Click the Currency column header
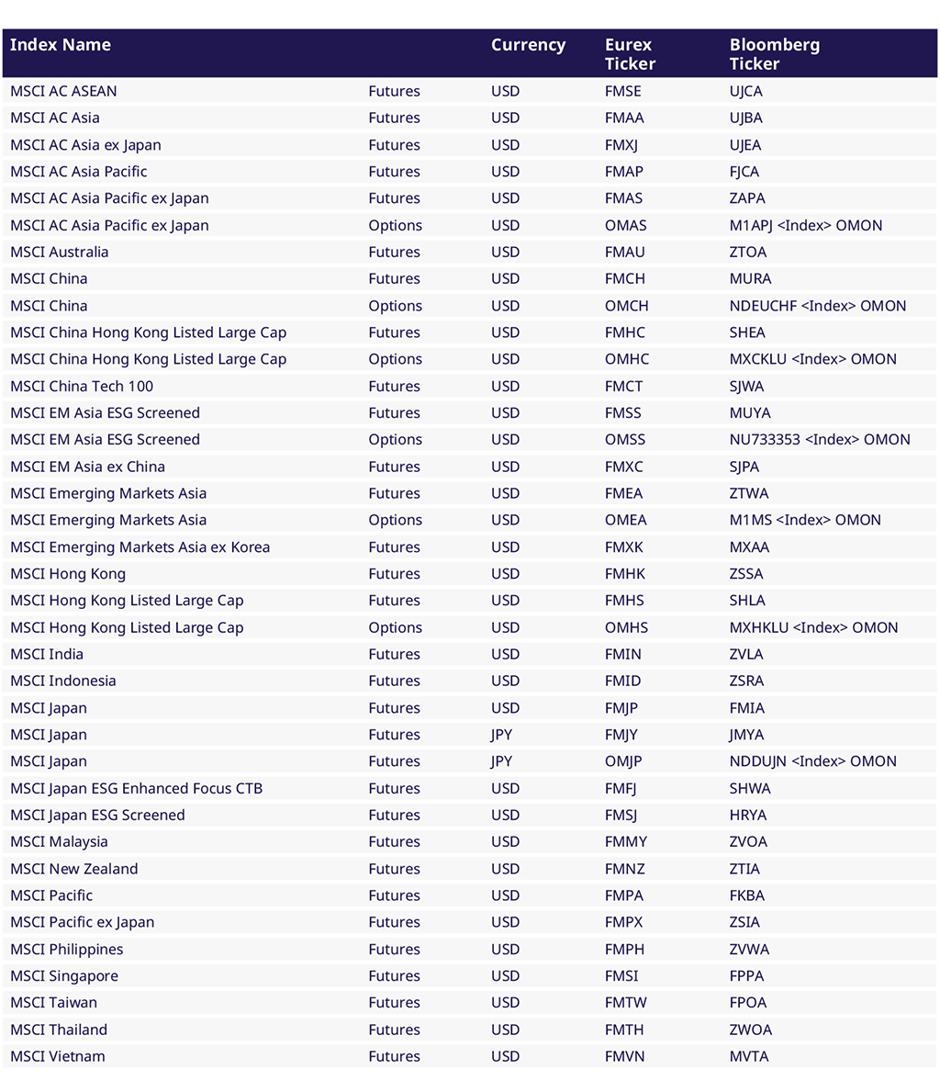coord(528,45)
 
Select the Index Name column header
coord(61,45)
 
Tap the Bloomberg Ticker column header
coord(761,54)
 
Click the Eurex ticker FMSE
coord(622,91)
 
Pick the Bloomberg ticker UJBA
coord(745,118)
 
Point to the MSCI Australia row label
coord(59,252)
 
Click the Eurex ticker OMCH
coord(626,306)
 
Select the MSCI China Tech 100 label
coord(82,386)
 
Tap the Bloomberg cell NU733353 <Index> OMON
coord(820,440)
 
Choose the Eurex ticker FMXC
coord(623,467)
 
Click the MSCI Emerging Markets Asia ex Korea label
coord(140,546)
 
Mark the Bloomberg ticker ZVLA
coord(745,654)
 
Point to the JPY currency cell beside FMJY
coord(502,735)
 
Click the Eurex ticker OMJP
coord(623,761)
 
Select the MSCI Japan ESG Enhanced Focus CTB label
coord(136,788)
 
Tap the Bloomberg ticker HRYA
coord(747,815)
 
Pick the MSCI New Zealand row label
coord(73,869)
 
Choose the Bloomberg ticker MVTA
coord(748,1056)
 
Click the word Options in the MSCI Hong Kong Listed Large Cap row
coord(395,627)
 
